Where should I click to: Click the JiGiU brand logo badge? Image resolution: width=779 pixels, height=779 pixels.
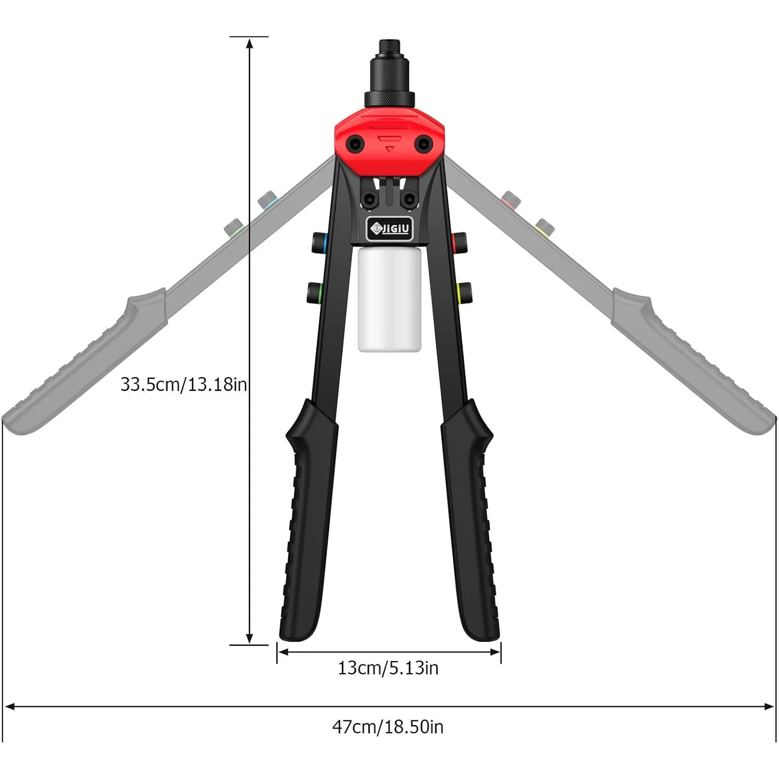[389, 229]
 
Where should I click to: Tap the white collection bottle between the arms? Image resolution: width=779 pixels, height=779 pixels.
[389, 300]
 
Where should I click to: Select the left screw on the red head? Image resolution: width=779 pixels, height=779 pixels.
[356, 143]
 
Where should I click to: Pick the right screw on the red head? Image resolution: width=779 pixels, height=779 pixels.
[423, 143]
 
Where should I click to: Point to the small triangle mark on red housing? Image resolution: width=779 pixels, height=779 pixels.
[389, 149]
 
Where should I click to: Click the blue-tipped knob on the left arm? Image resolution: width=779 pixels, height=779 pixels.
[319, 242]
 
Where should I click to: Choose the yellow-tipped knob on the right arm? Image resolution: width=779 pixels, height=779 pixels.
[464, 292]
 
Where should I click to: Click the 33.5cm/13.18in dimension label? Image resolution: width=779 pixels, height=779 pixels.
[183, 385]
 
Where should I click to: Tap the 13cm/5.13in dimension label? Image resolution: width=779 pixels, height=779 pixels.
[388, 668]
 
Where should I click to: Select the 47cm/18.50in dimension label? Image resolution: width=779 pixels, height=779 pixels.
[388, 727]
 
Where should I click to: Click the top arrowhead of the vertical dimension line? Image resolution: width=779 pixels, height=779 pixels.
[250, 43]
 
